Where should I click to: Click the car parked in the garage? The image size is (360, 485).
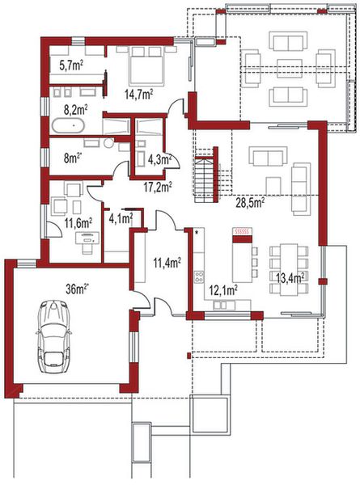[54, 337]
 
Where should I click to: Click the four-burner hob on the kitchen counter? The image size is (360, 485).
[197, 277]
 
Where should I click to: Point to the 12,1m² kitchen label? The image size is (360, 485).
[222, 289]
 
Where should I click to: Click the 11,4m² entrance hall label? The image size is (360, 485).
[167, 261]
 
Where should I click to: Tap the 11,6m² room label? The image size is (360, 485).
[78, 220]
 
